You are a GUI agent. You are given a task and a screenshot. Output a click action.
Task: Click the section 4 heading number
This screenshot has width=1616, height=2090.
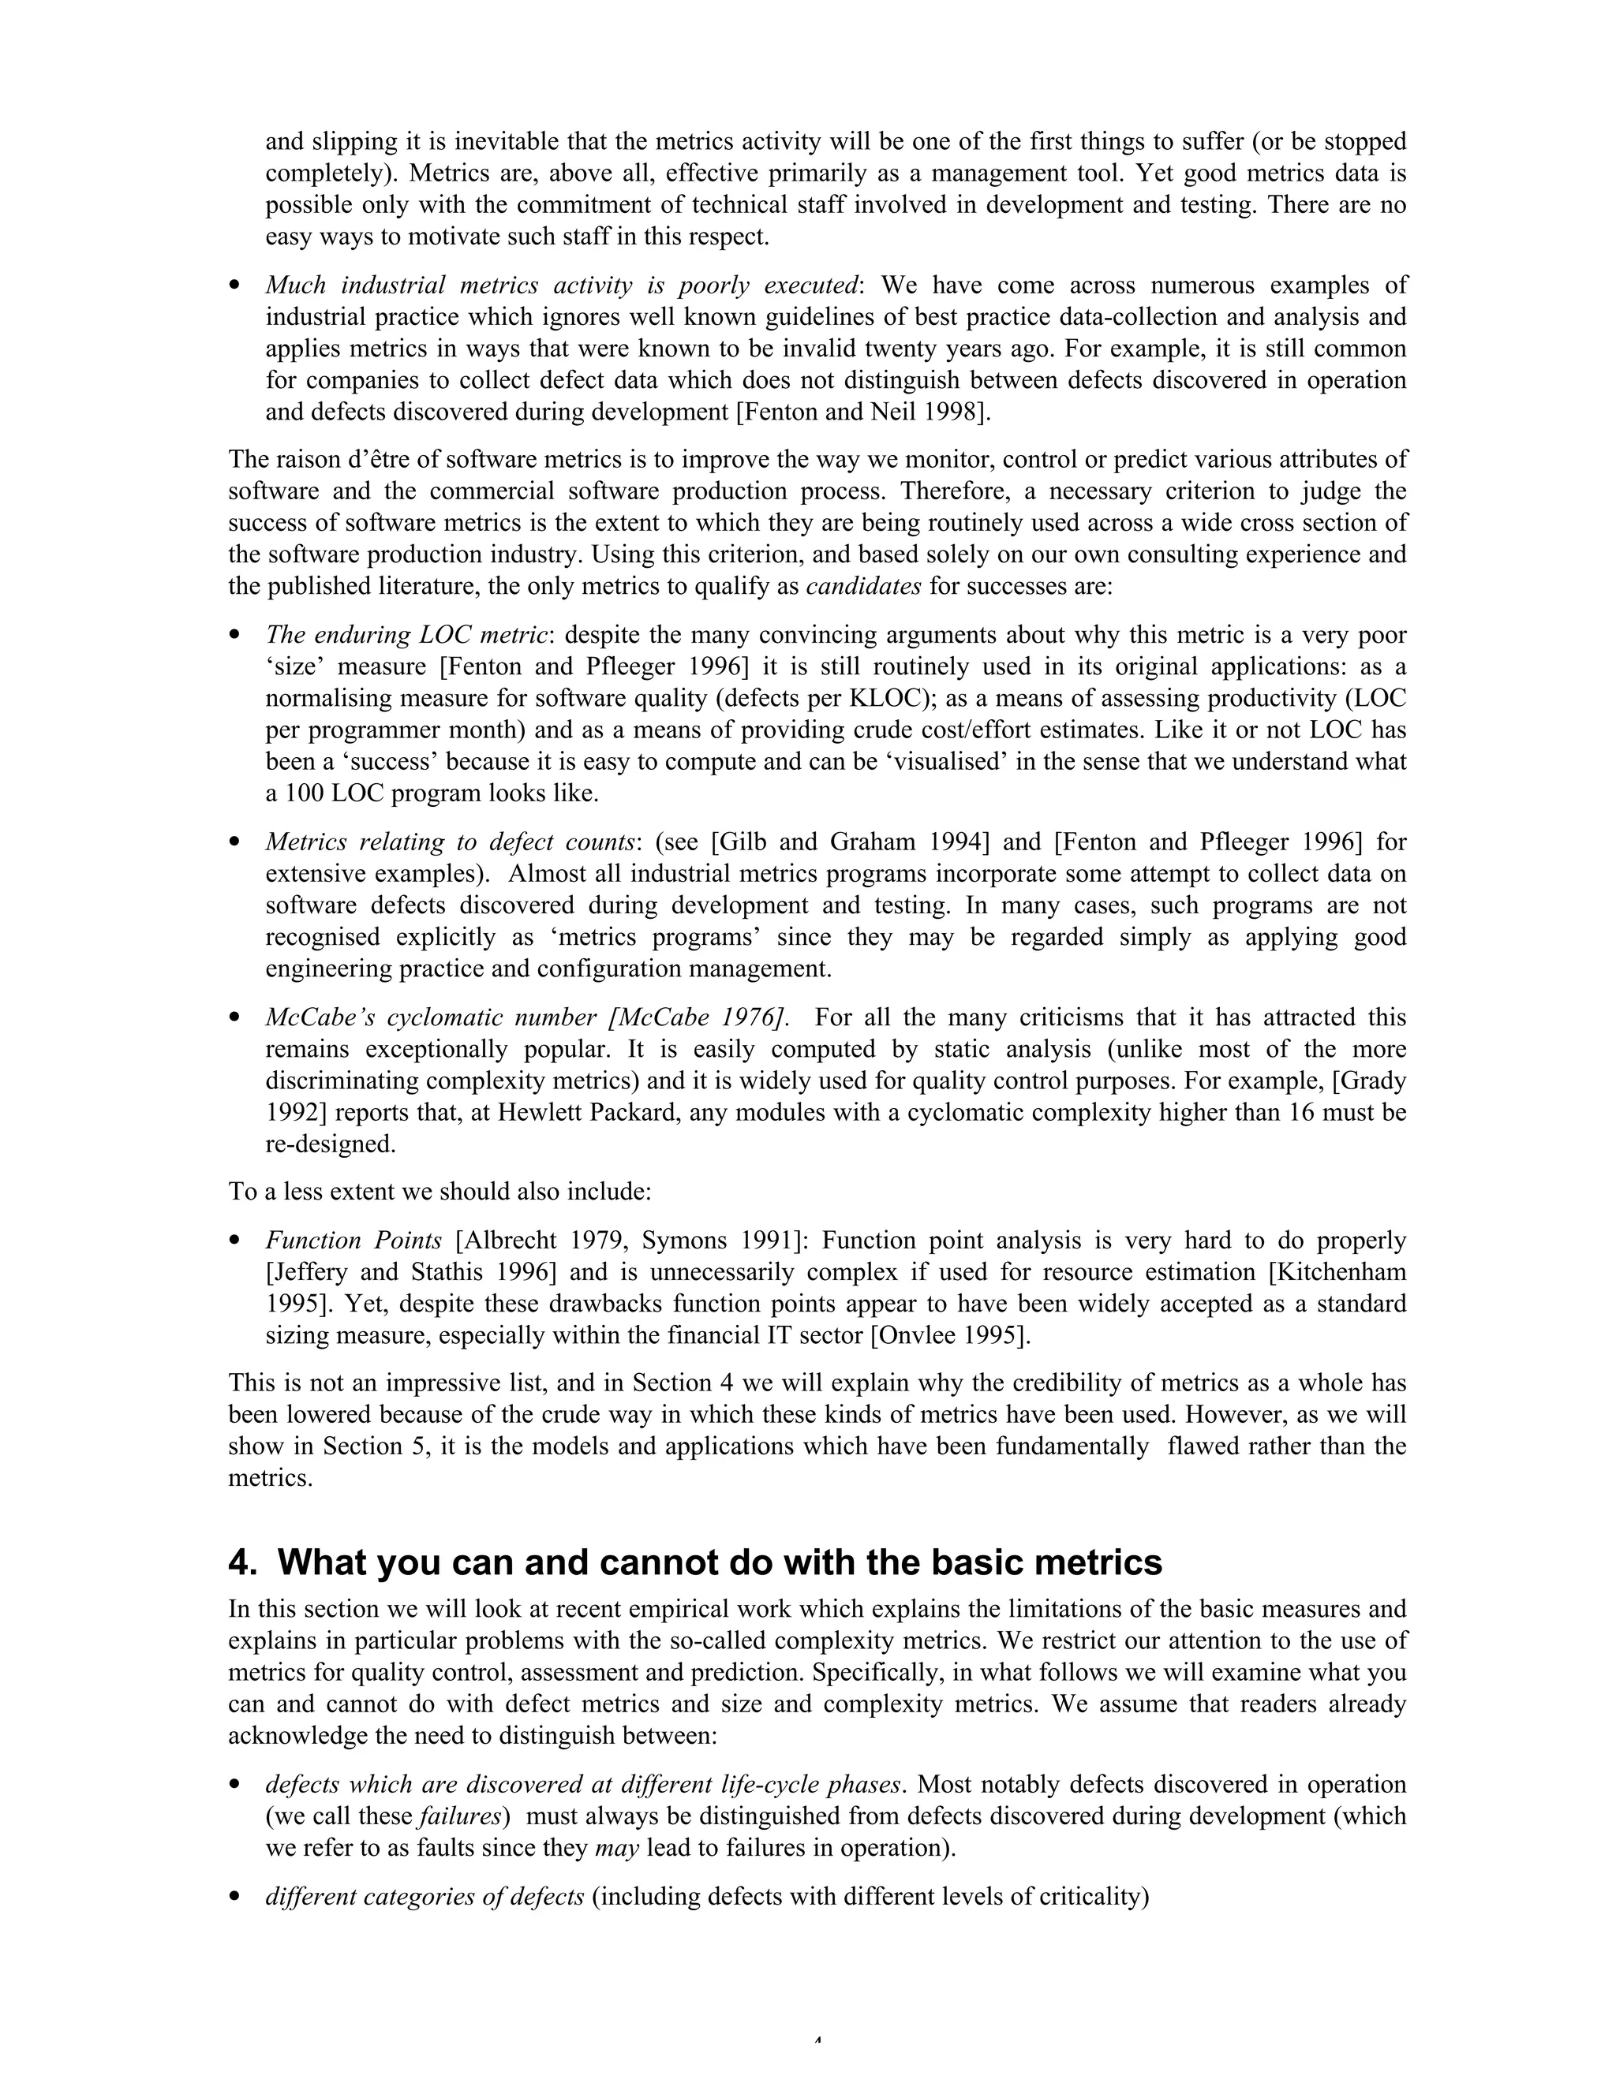tap(241, 1562)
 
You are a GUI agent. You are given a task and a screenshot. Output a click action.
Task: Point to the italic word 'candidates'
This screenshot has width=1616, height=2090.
tap(863, 587)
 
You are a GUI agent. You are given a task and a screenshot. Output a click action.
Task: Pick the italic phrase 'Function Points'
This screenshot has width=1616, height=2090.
tap(353, 1241)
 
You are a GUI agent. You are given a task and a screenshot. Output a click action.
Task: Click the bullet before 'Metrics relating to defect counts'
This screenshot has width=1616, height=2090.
tap(234, 843)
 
